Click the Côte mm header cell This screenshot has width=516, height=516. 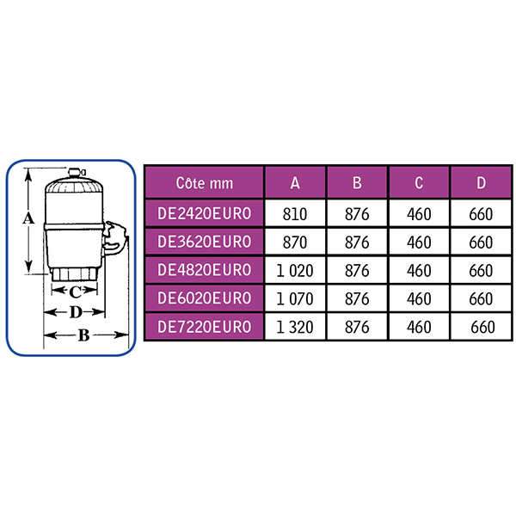coord(205,183)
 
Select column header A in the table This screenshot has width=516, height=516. coord(295,183)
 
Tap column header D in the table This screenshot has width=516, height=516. coord(481,183)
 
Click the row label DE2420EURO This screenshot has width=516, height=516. coord(205,213)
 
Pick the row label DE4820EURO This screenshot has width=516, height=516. coord(205,270)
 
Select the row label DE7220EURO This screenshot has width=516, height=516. coord(205,327)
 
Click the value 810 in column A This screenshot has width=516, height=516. coord(295,214)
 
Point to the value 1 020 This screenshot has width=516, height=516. coord(295,271)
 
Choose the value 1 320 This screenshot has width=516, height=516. coord(295,328)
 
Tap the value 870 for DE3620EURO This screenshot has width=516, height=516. coord(295,243)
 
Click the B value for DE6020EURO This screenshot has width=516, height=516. coord(357,299)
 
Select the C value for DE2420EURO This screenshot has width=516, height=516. coord(419,214)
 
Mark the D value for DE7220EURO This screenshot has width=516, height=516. coord(482,328)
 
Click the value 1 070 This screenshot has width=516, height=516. coord(295,299)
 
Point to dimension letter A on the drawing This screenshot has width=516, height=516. coord(28,218)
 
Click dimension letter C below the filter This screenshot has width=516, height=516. coord(76,292)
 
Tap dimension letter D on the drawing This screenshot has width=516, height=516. coord(76,312)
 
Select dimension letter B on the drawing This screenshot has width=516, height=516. coord(84,335)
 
